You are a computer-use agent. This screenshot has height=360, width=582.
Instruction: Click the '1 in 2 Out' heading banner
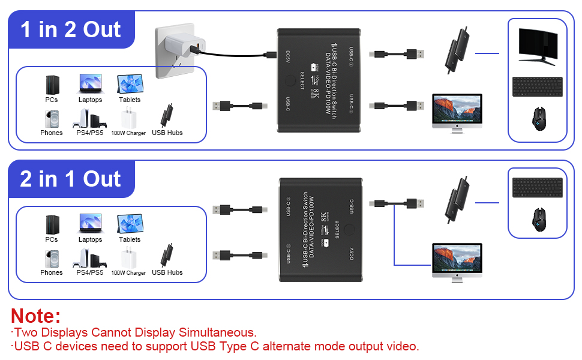[x=71, y=29]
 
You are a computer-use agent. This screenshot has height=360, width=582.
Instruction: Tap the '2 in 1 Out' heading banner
[x=71, y=179]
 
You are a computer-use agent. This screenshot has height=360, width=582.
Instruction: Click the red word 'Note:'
[x=36, y=316]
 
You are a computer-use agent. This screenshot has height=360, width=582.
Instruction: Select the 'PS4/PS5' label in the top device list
[x=89, y=133]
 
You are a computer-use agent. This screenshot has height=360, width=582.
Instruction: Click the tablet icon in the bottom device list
[x=130, y=224]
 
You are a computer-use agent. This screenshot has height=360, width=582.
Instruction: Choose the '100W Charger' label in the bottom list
[x=128, y=273]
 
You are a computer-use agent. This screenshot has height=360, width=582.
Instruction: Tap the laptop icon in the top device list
[x=90, y=83]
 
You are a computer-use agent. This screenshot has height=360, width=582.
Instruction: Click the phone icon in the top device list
[x=51, y=118]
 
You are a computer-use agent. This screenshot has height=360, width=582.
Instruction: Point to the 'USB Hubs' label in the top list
[x=167, y=133]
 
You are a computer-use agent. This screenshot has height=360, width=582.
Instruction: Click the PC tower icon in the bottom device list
[x=52, y=224]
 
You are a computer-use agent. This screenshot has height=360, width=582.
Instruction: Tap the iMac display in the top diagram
[x=457, y=112]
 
